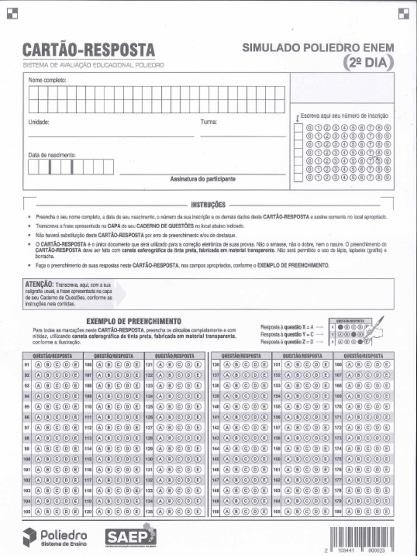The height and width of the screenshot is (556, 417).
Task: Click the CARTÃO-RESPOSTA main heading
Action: [x=89, y=50]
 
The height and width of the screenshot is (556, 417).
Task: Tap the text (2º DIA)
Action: [x=369, y=62]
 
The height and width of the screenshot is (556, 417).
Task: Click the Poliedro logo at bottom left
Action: [x=54, y=538]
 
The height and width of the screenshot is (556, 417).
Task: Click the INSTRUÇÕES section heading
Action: [x=208, y=205]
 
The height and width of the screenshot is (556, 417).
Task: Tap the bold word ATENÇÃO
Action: [x=39, y=284]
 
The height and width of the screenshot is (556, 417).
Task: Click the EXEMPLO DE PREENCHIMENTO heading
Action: [x=134, y=321]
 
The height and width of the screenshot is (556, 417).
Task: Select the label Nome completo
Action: [x=47, y=80]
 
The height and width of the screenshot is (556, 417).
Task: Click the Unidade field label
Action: [x=39, y=122]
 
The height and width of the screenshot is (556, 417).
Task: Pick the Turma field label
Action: [x=208, y=122]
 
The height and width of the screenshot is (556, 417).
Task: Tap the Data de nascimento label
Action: [x=52, y=155]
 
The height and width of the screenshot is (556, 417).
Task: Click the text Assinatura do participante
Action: [x=203, y=179]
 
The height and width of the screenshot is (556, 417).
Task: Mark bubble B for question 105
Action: [x=48, y=511]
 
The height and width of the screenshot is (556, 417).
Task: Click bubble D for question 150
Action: [x=254, y=511]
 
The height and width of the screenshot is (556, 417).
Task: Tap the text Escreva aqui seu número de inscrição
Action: [x=344, y=116]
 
